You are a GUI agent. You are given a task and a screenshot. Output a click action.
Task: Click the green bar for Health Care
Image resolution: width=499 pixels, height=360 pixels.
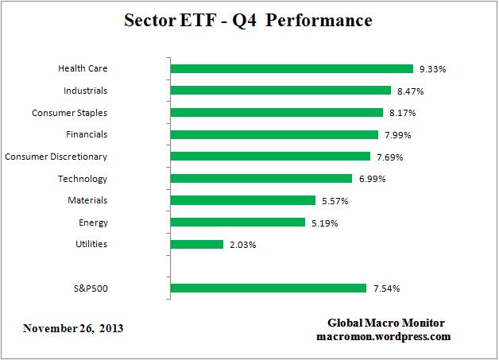(x=292, y=69)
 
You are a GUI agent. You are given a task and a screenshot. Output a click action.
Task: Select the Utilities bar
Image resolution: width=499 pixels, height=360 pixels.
(x=197, y=244)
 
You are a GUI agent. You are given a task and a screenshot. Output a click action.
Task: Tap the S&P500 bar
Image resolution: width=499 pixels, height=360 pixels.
(x=269, y=288)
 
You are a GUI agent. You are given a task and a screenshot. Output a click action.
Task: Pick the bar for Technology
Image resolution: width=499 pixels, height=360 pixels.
(x=261, y=179)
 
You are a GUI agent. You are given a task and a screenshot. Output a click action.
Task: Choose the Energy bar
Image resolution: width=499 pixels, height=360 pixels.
(x=238, y=223)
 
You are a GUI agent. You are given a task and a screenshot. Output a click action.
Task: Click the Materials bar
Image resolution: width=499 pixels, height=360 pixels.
(x=244, y=200)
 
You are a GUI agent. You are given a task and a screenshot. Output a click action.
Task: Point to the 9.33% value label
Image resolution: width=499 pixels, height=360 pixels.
(x=432, y=69)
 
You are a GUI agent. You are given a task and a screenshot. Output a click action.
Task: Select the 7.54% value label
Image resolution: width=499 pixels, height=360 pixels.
(x=385, y=288)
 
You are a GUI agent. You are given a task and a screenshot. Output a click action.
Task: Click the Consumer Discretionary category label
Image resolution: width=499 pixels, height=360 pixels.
(x=56, y=157)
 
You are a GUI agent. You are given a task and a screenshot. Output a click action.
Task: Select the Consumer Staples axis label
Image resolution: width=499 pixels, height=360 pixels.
(x=70, y=113)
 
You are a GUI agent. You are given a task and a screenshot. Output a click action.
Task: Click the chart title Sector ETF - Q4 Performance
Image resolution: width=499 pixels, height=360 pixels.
(x=248, y=21)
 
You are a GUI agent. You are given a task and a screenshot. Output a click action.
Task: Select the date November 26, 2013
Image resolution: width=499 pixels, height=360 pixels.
(x=73, y=327)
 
